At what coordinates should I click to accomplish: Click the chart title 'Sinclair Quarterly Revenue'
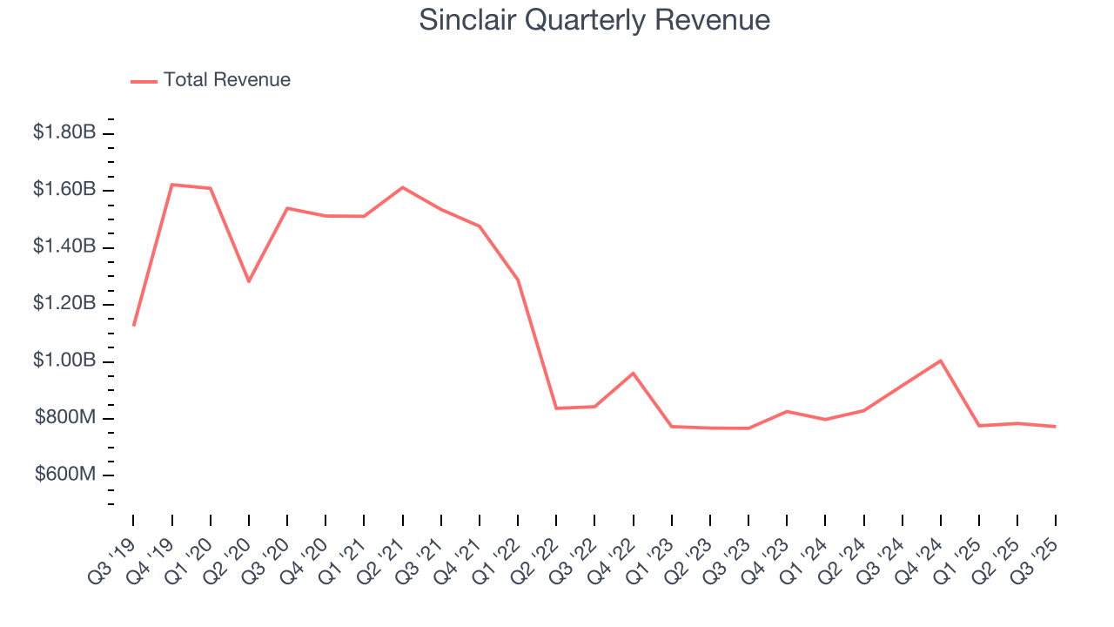[x=594, y=20]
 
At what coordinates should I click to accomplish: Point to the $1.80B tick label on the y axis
[x=64, y=132]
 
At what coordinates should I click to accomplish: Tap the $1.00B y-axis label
[x=64, y=361]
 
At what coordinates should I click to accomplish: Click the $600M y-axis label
[x=64, y=475]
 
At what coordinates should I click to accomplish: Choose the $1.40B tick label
[x=64, y=246]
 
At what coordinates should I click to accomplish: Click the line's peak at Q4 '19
[x=172, y=185]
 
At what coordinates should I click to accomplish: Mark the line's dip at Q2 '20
[x=249, y=281]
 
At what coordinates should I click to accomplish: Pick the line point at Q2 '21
[x=403, y=187]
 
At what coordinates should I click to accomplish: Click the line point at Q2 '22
[x=556, y=408]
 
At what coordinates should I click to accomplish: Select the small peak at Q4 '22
[x=633, y=373]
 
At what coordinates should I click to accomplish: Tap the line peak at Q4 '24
[x=941, y=361]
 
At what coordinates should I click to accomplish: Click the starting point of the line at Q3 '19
[x=133, y=325]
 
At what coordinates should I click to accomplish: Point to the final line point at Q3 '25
[x=1055, y=427]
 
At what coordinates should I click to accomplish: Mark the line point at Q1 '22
[x=518, y=280]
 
